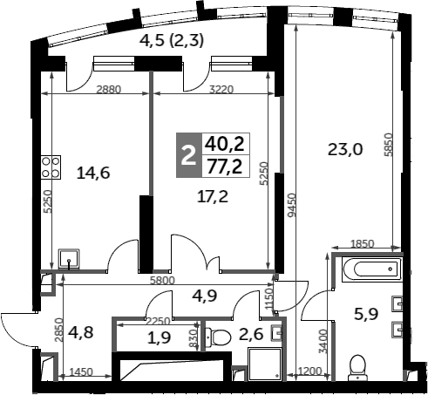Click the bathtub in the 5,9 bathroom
click(371, 269)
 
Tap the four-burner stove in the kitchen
click(51, 167)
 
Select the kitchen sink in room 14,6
click(69, 258)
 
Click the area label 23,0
click(345, 150)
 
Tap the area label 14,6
click(93, 174)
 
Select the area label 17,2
click(213, 197)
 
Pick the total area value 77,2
click(224, 167)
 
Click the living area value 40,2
click(225, 145)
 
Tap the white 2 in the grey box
click(188, 156)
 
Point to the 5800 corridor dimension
click(162, 281)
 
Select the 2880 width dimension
click(108, 90)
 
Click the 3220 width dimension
click(221, 90)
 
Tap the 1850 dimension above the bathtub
click(362, 243)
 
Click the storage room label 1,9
click(160, 338)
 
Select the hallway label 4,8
click(81, 332)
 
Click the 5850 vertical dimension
click(388, 145)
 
